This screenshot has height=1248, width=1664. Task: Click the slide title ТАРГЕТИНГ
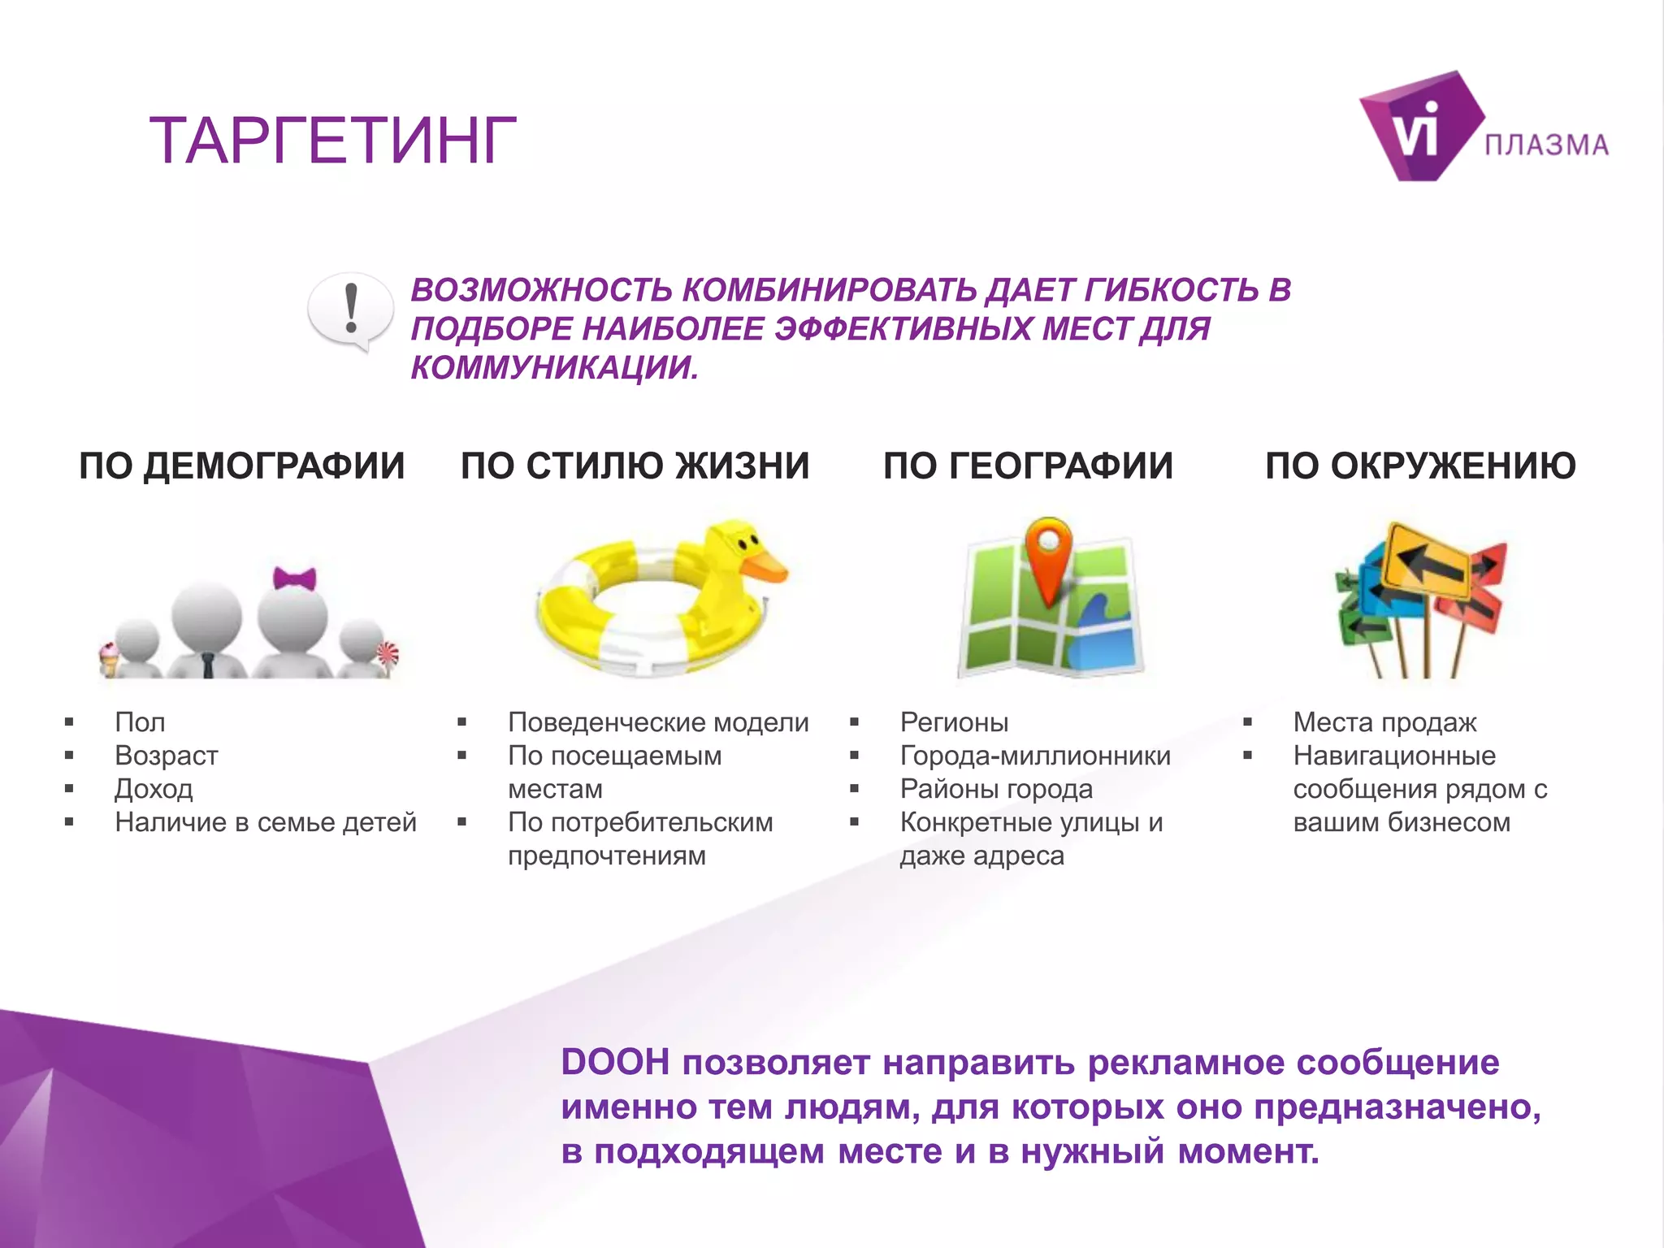[333, 141]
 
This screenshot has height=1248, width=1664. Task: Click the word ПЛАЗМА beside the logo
[1546, 145]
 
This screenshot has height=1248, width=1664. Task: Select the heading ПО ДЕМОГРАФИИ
[241, 466]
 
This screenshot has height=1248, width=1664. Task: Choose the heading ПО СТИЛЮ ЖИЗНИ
[635, 466]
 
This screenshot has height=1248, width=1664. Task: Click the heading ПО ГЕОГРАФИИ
[1028, 466]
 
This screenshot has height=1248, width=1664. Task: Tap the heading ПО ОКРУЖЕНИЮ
[1420, 466]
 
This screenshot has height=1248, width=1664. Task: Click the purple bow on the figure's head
[294, 578]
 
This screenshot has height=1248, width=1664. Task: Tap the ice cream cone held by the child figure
[109, 658]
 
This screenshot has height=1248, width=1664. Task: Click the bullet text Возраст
[167, 756]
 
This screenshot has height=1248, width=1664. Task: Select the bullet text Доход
[154, 789]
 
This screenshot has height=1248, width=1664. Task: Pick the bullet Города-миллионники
[1035, 756]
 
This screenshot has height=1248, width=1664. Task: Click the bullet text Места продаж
[1384, 722]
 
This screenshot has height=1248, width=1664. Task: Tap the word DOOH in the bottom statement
[615, 1062]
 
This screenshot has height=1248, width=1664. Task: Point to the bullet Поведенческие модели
[658, 722]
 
